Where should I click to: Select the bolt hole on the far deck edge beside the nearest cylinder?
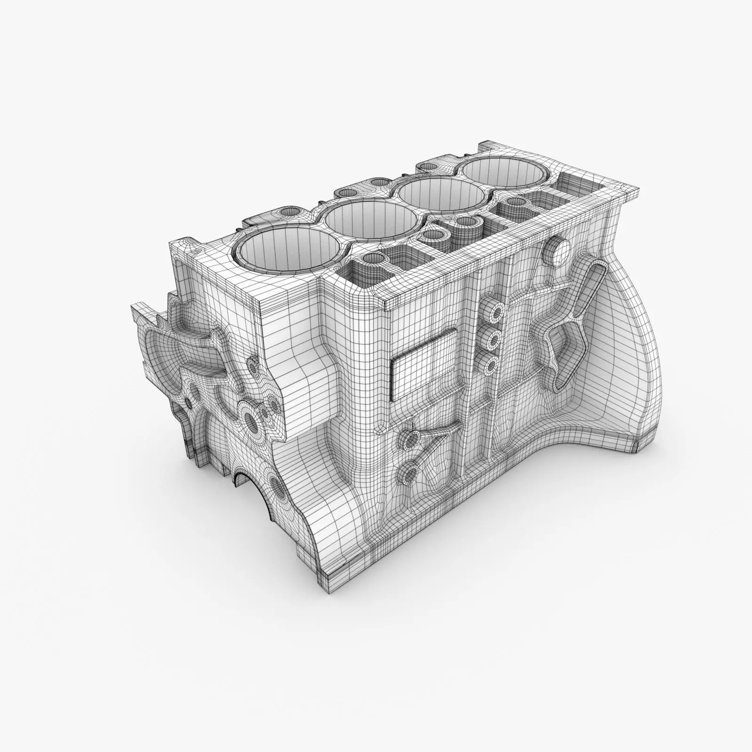(287, 213)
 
